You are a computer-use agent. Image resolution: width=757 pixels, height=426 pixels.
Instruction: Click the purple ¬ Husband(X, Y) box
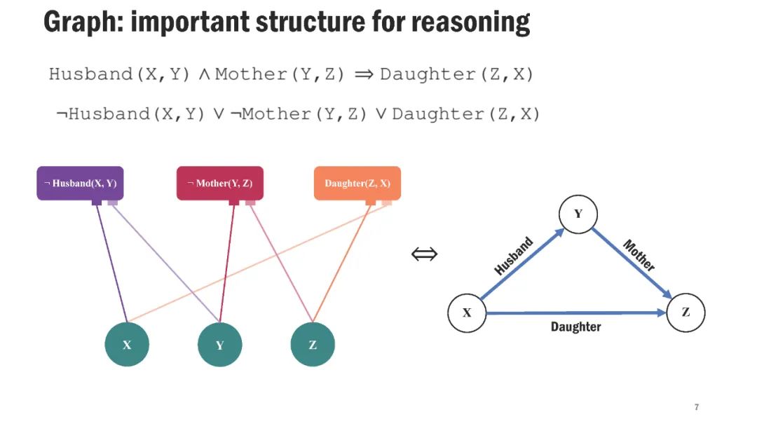(x=80, y=183)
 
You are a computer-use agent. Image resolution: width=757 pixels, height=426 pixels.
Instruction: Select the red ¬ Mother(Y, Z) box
(x=219, y=183)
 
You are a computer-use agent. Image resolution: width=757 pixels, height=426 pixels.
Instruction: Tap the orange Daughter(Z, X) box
(x=357, y=183)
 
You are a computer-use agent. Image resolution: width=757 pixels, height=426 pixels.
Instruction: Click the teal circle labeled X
(x=127, y=344)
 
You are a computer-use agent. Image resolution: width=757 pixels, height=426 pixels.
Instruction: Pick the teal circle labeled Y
(x=219, y=344)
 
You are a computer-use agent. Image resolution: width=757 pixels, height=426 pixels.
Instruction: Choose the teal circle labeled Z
(x=313, y=344)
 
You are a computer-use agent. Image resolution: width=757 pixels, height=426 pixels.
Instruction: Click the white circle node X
(x=467, y=312)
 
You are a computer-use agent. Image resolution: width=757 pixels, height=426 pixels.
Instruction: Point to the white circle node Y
(x=578, y=214)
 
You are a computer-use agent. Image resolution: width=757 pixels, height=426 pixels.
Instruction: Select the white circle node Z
(x=685, y=312)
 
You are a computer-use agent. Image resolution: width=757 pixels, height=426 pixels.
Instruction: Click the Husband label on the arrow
(x=514, y=256)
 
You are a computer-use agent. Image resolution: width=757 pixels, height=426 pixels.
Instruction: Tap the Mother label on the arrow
(x=639, y=255)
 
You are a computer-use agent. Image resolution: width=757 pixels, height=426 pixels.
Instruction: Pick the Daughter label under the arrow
(x=575, y=327)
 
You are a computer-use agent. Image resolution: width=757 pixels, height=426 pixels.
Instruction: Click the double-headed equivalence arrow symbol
(x=424, y=254)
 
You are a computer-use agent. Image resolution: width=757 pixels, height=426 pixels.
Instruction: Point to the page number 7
(x=697, y=407)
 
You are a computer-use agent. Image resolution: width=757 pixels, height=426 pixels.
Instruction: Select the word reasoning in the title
(x=470, y=22)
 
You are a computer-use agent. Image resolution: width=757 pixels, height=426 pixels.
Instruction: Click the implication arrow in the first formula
(x=364, y=74)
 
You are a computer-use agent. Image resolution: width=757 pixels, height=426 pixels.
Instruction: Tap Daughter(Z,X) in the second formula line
(x=466, y=114)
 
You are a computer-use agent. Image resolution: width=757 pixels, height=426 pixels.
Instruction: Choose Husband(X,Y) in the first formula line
(x=120, y=74)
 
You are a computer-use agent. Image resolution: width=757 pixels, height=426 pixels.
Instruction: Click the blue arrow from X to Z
(x=575, y=313)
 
